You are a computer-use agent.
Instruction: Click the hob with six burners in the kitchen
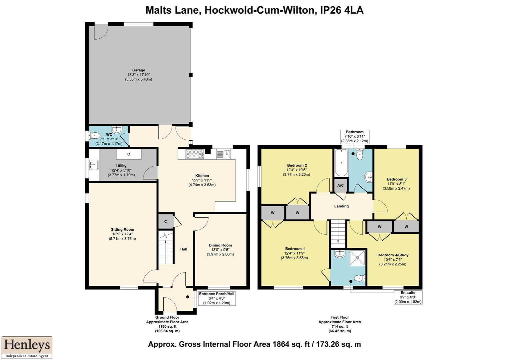pos(195,154)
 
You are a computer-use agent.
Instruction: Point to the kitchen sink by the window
pos(224,154)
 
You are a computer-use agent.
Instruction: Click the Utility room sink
pos(94,164)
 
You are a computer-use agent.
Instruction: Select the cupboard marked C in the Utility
pos(128,154)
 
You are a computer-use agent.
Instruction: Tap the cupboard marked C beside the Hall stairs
pos(165,221)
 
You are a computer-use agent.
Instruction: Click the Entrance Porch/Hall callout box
pos(217,298)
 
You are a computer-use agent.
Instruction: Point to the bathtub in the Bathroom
pos(340,163)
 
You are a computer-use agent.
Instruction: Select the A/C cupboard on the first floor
pos(340,186)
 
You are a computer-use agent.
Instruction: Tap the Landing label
pos(341,206)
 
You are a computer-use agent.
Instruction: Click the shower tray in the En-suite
pos(357,258)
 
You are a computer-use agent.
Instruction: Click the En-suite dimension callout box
pos(408,297)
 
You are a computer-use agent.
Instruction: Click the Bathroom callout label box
pos(354,136)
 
